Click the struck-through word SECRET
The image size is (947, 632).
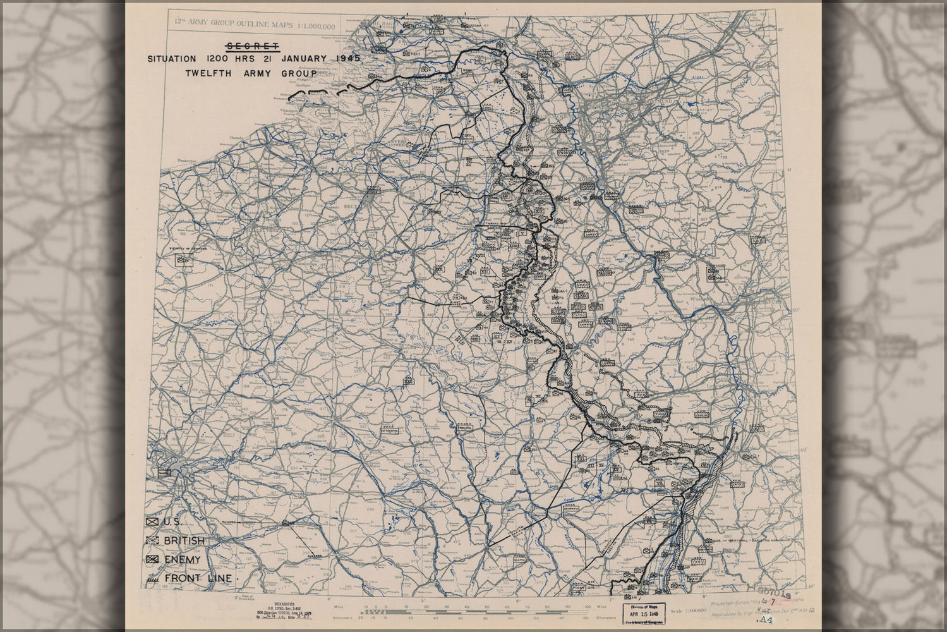252,46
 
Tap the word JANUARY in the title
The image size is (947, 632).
305,59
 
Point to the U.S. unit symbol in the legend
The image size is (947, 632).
152,522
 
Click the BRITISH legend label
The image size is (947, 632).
184,541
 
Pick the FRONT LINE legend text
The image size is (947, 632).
198,578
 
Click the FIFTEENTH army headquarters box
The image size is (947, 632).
390,430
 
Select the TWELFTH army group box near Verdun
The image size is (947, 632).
464,428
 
